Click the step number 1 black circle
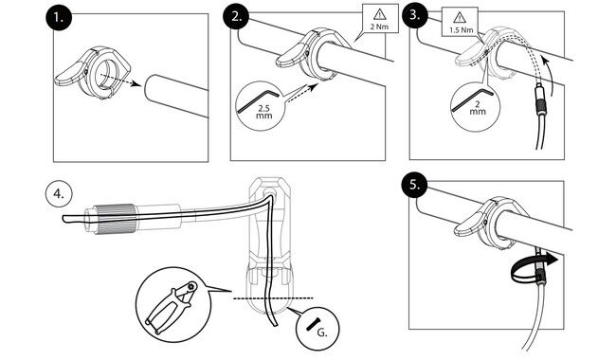coord(59,16)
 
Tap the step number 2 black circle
coord(235,16)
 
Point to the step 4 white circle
coord(59,194)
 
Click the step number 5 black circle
coord(415,185)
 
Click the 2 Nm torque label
coord(379,27)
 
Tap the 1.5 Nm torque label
coord(462,29)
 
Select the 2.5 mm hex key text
coord(263,112)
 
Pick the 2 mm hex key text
coord(478,108)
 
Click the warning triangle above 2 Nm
coord(379,15)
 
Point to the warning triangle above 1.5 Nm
coord(460,18)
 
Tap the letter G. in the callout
coord(322,333)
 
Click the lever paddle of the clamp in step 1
coord(69,75)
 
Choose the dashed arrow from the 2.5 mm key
coord(301,93)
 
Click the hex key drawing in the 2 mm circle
coord(471,99)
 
